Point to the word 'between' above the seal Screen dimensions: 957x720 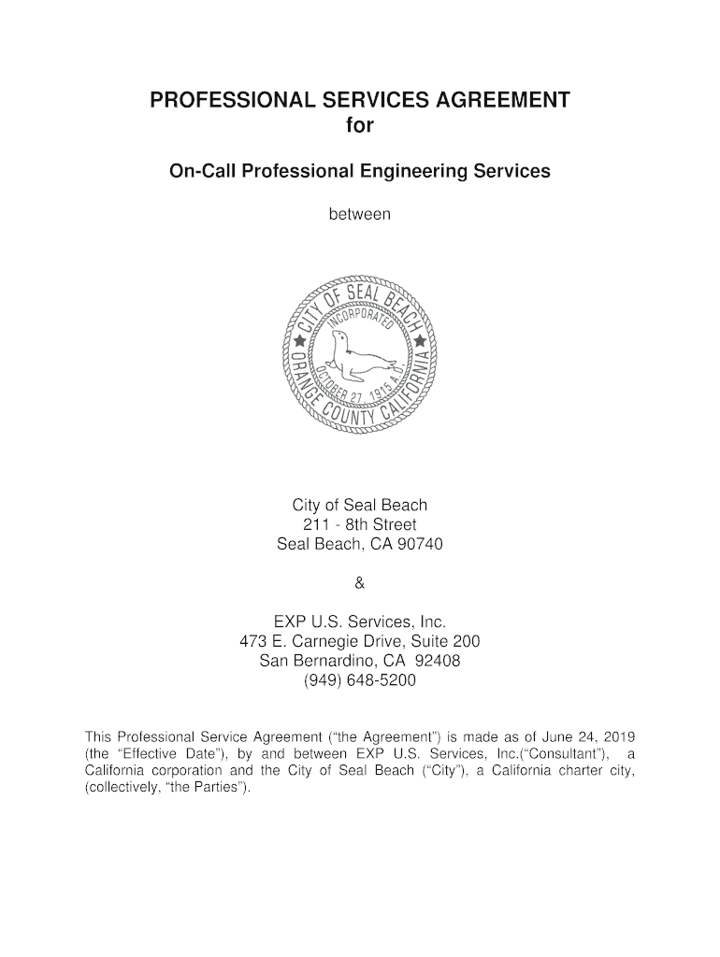(359, 215)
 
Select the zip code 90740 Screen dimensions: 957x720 (419, 544)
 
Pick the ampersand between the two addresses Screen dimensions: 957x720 (360, 584)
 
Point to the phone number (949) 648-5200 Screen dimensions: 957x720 (360, 681)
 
